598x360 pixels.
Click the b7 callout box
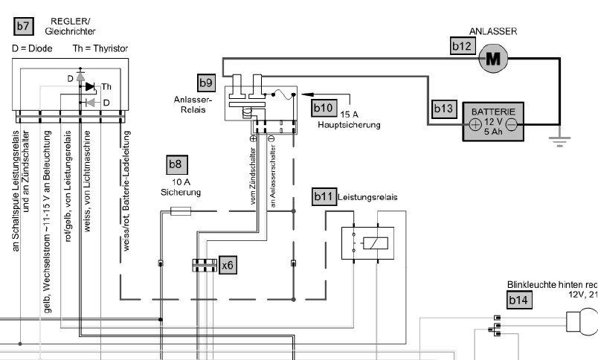click(24, 27)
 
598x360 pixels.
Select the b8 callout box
click(175, 164)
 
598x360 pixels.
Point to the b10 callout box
click(324, 108)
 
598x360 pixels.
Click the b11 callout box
click(324, 197)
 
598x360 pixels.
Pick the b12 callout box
click(462, 46)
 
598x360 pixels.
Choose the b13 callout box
click(443, 109)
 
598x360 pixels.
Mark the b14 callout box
click(517, 300)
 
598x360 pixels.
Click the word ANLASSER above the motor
click(492, 31)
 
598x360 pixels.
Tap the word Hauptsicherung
click(349, 126)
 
